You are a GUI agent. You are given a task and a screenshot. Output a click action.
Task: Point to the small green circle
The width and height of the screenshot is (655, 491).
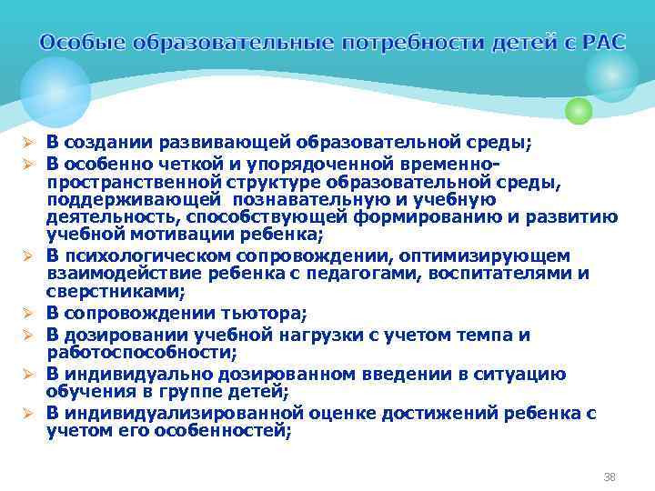[x=579, y=110]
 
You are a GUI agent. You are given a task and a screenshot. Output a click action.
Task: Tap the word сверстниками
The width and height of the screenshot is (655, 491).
[x=115, y=292]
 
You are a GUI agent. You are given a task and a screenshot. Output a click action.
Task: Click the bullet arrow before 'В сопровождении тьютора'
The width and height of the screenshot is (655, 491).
[x=29, y=315]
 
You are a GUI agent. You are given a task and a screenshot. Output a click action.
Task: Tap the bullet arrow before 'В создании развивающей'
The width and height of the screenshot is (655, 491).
[x=29, y=143]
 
